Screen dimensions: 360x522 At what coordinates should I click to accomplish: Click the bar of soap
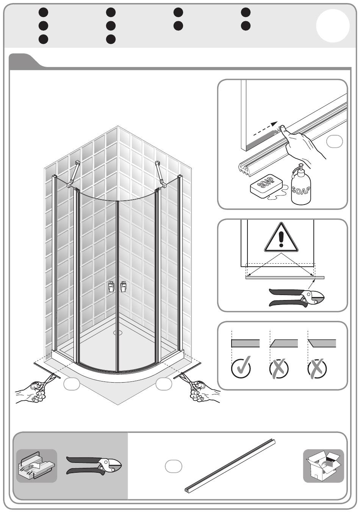266,186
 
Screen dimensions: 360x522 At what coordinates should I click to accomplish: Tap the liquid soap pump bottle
301,186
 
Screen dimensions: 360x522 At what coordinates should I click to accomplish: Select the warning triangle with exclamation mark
281,238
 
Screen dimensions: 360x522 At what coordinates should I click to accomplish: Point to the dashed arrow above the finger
265,128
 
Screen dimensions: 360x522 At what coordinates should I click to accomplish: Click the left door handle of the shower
111,286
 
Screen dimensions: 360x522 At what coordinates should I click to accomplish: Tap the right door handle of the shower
123,286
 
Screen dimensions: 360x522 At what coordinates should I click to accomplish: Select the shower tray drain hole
118,333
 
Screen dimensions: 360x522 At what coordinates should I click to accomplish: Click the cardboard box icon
323,466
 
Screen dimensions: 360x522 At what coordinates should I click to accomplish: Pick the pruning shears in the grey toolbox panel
94,466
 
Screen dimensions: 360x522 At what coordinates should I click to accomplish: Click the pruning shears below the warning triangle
296,298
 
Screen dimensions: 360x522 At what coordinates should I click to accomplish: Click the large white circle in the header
333,26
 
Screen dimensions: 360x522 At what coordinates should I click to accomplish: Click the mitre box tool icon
37,466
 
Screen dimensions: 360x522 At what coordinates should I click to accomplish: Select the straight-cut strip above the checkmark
245,343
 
